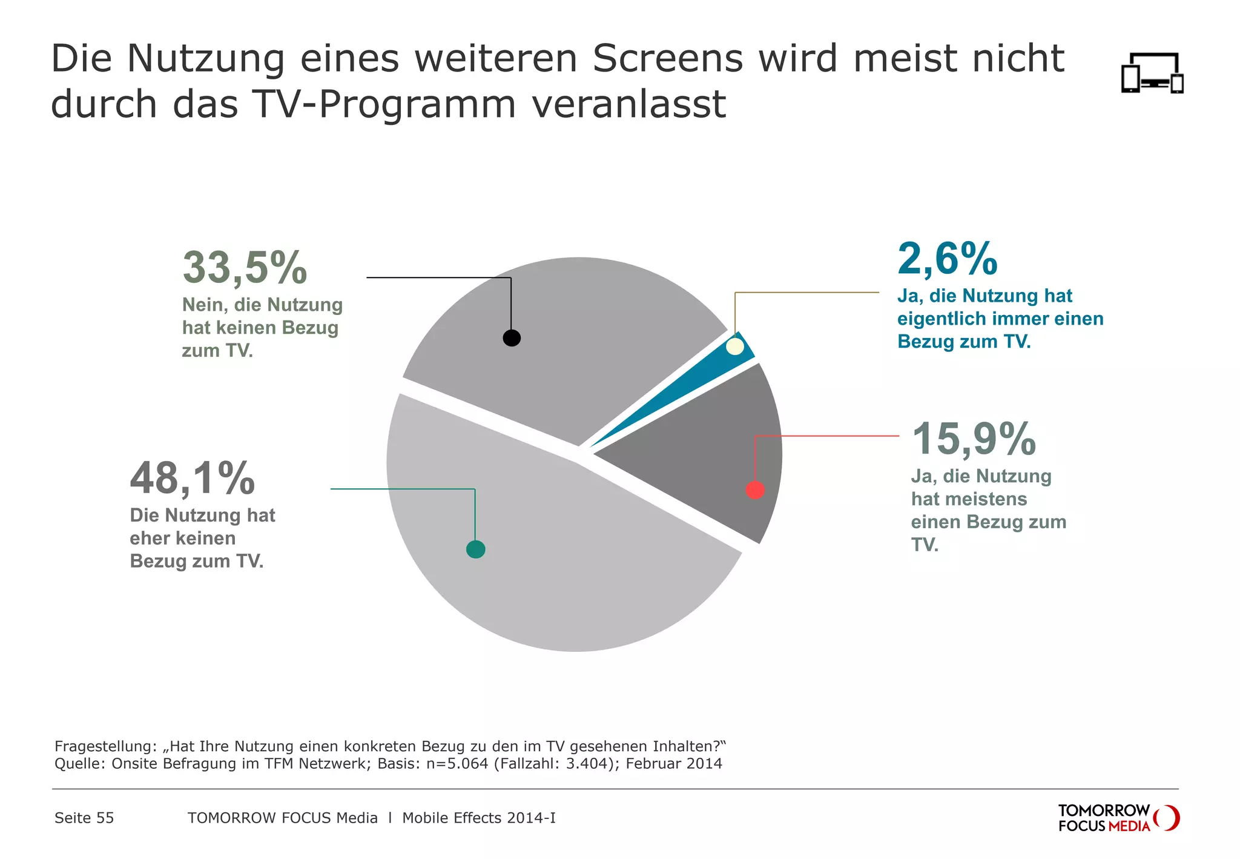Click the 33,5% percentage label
tap(245, 267)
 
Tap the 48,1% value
tap(193, 478)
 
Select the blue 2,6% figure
tap(948, 259)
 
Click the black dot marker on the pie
tap(512, 337)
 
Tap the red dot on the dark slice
tap(755, 489)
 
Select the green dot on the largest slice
tap(476, 549)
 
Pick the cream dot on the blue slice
tap(734, 347)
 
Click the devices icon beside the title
tap(1152, 73)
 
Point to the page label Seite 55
tap(84, 818)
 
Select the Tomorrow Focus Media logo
tap(1118, 818)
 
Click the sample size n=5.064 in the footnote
tap(457, 763)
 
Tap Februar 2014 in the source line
tap(674, 763)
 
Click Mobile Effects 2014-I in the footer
tap(478, 818)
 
